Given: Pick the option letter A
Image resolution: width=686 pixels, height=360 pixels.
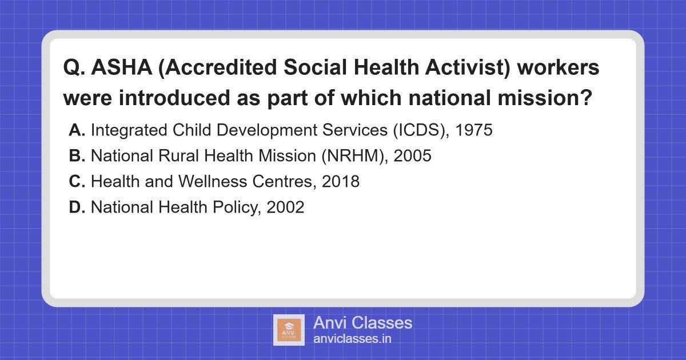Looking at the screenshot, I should coord(77,130).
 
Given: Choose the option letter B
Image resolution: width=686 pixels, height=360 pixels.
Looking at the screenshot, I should coord(77,156).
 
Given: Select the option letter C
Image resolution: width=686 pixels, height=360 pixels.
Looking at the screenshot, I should coord(77,182).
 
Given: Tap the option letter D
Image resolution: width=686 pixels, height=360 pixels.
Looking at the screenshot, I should coord(77,207).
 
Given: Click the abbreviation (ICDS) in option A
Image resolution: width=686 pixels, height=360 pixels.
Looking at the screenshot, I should coord(416,130).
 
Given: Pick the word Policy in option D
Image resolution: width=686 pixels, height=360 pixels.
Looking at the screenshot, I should coord(234,207).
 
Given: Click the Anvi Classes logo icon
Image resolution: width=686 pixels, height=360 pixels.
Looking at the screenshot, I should coord(289,330).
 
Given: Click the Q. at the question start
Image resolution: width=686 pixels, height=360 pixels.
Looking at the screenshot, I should coord(73,67).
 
